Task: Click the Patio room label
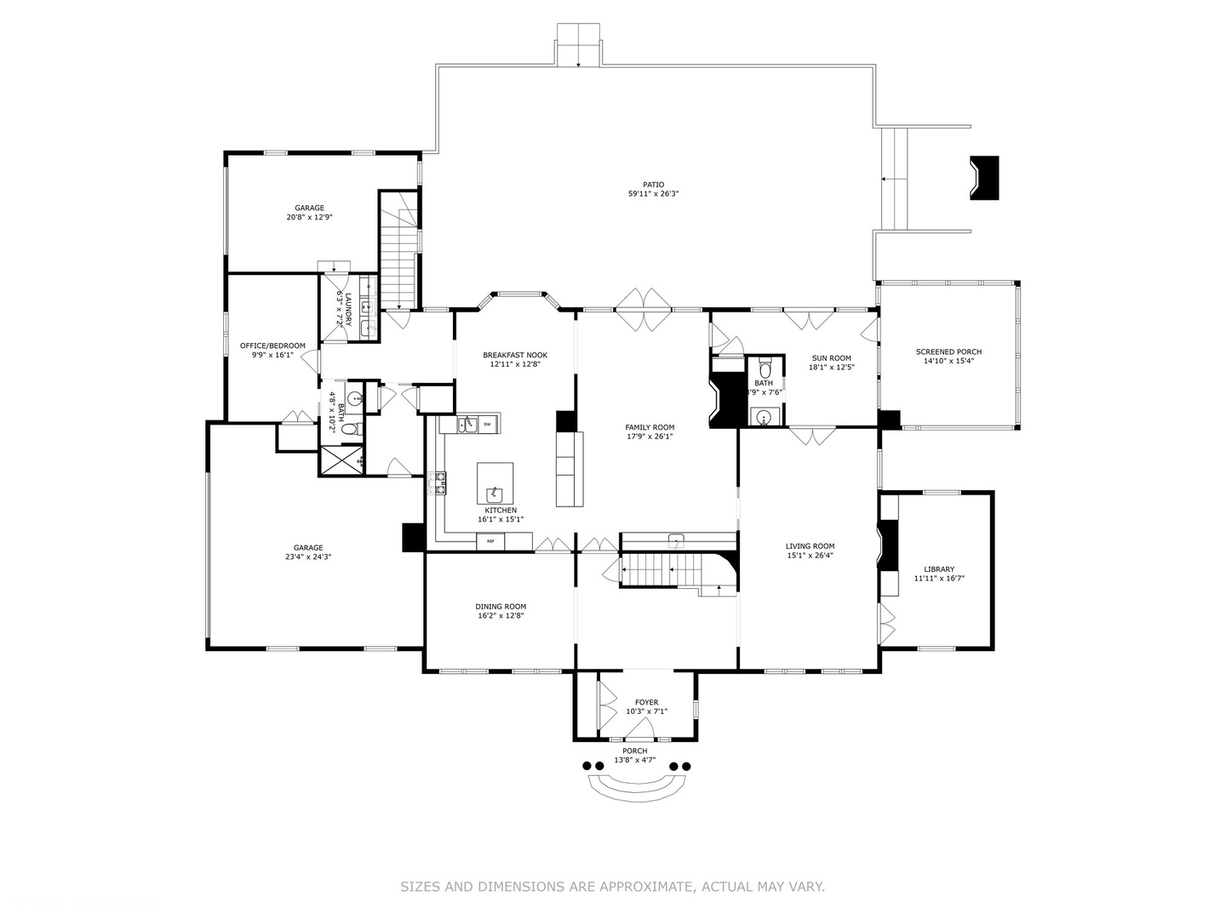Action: pyautogui.click(x=653, y=184)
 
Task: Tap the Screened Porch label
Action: pyautogui.click(x=948, y=351)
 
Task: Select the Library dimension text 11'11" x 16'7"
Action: pyautogui.click(x=939, y=579)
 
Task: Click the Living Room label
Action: pyautogui.click(x=810, y=546)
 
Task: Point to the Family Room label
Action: pyautogui.click(x=650, y=427)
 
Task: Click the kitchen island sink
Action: pyautogui.click(x=495, y=493)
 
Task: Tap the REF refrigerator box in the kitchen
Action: pyautogui.click(x=490, y=541)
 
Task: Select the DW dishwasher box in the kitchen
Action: pyautogui.click(x=488, y=423)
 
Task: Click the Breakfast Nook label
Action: pyautogui.click(x=515, y=355)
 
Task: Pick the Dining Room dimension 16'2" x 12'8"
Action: pyautogui.click(x=501, y=616)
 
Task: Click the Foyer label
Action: pyautogui.click(x=646, y=702)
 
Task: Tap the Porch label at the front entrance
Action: pyautogui.click(x=634, y=751)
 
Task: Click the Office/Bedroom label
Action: pyautogui.click(x=272, y=345)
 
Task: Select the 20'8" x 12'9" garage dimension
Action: pyautogui.click(x=309, y=217)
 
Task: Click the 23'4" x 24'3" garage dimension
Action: pyautogui.click(x=308, y=557)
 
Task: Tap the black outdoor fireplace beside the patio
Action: pyautogui.click(x=984, y=178)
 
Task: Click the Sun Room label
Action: pyautogui.click(x=831, y=358)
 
